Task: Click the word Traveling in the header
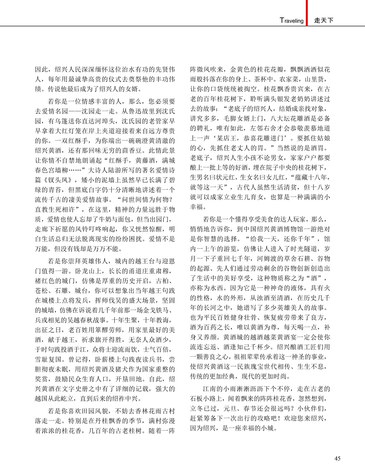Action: [x=292, y=20]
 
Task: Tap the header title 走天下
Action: [x=324, y=20]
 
